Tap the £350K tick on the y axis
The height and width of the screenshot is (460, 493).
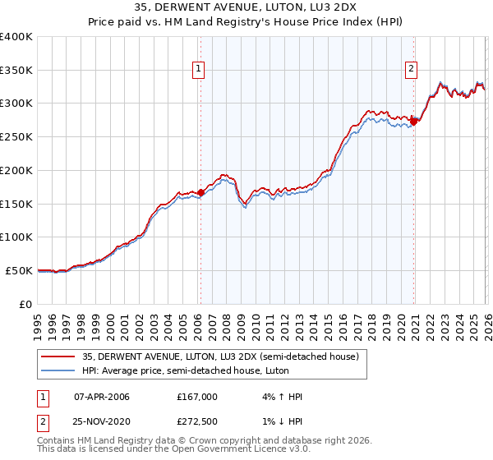16,71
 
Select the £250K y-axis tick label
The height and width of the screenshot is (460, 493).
16,137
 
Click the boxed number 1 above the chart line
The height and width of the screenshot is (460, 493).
199,70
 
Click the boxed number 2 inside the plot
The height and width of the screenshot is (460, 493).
411,70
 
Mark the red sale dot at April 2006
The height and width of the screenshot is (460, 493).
200,193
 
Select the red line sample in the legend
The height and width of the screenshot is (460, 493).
58,357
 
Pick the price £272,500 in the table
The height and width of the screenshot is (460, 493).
197,421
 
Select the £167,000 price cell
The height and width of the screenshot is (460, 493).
197,397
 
